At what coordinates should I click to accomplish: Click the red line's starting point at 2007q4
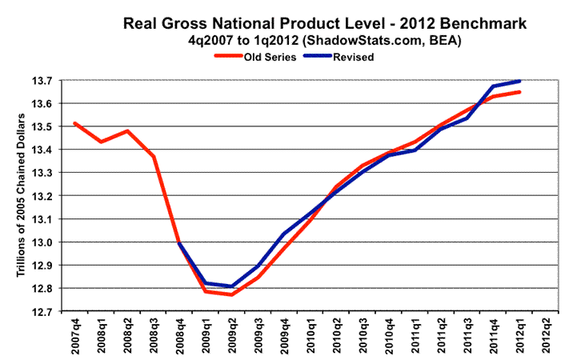click(x=74, y=123)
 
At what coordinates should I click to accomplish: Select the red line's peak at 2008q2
click(x=126, y=130)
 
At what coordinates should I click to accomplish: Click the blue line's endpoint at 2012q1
click(x=519, y=81)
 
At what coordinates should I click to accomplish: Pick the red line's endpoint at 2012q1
click(x=519, y=92)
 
